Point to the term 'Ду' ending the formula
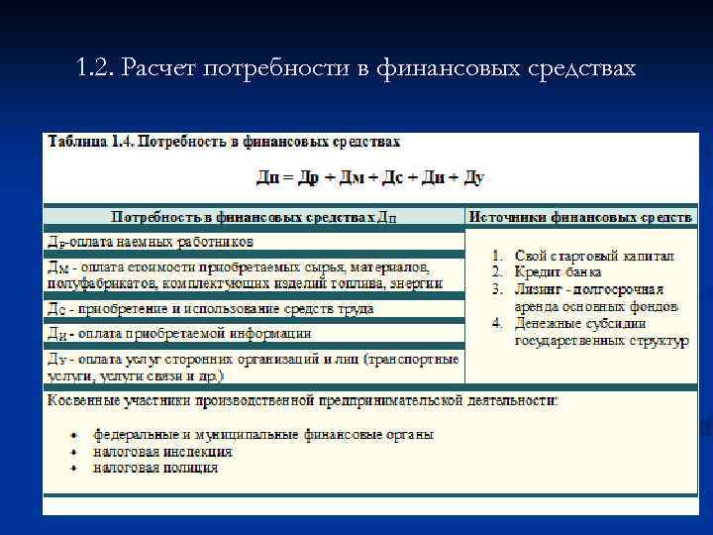[x=472, y=177]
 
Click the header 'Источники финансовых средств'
[x=581, y=216]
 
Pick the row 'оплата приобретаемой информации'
[x=178, y=334]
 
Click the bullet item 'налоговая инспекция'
[x=163, y=451]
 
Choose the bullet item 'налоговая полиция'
[x=155, y=467]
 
